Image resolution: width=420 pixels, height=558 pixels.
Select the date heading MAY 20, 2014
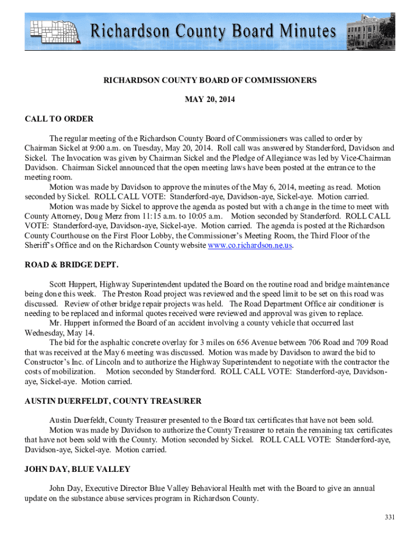[x=210, y=99]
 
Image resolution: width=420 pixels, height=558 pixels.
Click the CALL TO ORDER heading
[x=59, y=119]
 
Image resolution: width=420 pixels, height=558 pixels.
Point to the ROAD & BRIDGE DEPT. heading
[x=71, y=265]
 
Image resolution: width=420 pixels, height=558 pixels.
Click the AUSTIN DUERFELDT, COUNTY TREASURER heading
[x=113, y=401]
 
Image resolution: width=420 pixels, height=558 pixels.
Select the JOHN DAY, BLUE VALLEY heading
[x=77, y=469]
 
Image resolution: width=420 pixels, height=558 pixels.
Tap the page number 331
[x=388, y=517]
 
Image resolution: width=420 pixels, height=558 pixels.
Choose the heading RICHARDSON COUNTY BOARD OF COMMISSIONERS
[x=210, y=80]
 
